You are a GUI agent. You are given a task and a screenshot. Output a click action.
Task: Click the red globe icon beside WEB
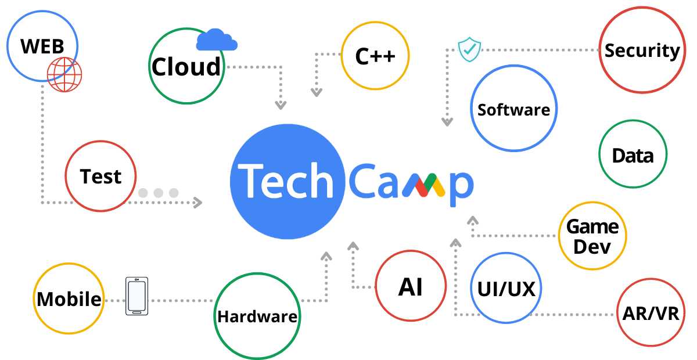coord(64,75)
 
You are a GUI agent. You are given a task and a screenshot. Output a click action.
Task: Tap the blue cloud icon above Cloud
coord(217,40)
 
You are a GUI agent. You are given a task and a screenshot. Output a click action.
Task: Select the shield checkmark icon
coord(469,50)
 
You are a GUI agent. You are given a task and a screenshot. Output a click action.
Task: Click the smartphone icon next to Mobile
coord(136,296)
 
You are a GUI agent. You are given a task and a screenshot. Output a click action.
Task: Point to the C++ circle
coord(375,56)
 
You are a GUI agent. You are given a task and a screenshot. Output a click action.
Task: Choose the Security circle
coord(642,51)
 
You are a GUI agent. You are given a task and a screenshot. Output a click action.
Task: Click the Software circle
coord(513,109)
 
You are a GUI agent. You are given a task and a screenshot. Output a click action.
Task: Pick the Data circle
coord(633,155)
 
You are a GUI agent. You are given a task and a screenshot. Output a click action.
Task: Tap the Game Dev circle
coord(592,236)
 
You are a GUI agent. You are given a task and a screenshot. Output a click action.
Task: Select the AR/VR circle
coord(651,314)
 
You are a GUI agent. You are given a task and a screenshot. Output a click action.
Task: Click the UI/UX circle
coord(506,289)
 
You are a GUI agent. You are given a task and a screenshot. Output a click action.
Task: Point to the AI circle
coord(411,287)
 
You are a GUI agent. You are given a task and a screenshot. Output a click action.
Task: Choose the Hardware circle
coord(257,316)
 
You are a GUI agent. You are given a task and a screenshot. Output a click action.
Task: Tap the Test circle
coord(101,176)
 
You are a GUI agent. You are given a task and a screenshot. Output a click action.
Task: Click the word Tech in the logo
coord(288,181)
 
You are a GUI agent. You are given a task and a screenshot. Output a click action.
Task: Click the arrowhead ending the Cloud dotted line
coord(281,106)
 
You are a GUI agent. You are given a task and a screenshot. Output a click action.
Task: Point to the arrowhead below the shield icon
coord(447,122)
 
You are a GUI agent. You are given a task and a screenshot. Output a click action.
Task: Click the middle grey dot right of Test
coord(159,192)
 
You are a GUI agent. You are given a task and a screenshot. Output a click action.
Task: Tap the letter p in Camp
coord(461,186)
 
